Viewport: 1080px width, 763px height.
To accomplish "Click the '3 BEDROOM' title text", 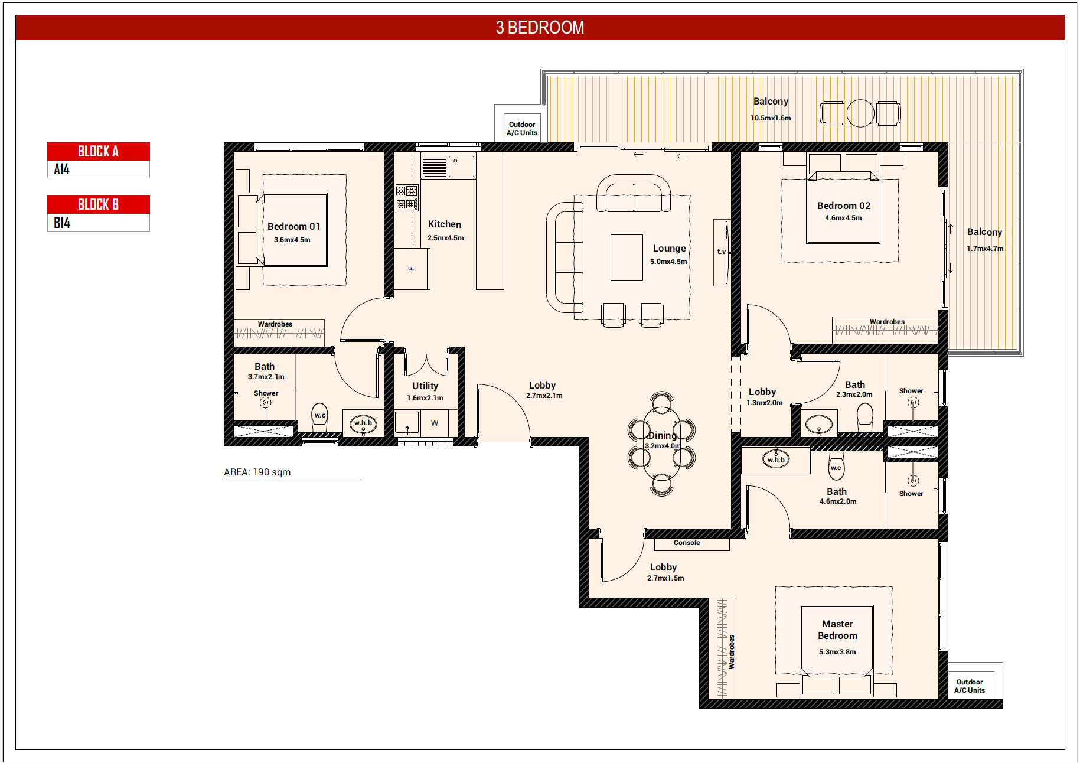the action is (x=540, y=28).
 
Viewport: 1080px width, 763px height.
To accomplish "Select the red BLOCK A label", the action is (x=99, y=151).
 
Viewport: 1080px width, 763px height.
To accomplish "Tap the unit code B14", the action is (x=62, y=223).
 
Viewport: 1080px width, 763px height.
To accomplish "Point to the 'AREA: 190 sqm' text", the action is (x=257, y=472).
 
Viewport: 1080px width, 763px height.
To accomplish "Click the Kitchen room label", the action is (x=445, y=224).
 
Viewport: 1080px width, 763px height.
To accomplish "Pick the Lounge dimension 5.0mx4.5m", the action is (x=668, y=262).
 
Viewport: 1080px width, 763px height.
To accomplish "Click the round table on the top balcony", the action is (x=860, y=113).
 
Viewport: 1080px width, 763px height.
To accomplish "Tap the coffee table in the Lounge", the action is (x=627, y=257).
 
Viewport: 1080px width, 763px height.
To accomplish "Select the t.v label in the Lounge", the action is (x=721, y=252).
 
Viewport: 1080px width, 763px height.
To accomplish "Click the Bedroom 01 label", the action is (x=293, y=226).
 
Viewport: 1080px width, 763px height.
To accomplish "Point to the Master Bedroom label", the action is (x=837, y=630).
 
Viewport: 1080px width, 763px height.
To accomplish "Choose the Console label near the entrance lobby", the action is (x=687, y=543).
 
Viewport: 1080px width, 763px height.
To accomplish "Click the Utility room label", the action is (x=425, y=386).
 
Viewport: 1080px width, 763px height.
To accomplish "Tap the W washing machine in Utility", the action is (x=435, y=423).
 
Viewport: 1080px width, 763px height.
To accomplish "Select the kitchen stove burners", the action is (x=406, y=198).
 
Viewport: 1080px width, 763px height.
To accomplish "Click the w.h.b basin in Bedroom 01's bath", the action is (x=363, y=423).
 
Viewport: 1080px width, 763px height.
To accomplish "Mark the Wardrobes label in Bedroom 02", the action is (x=887, y=322).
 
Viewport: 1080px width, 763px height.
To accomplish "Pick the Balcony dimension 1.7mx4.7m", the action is (x=985, y=249).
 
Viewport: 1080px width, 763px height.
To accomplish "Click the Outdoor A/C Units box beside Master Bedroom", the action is (x=970, y=686).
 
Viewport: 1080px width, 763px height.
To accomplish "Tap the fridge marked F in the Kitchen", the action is (x=412, y=269).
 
